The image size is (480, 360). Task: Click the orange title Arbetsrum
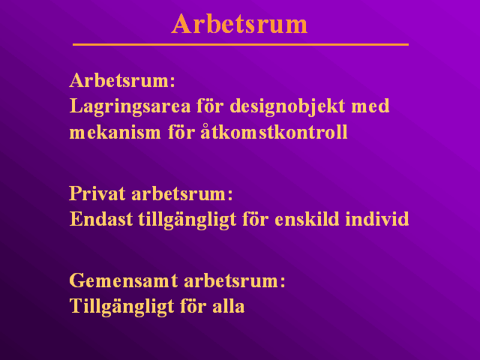[239, 24]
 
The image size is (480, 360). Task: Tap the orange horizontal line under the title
[241, 45]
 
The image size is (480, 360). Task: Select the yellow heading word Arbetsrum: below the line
[122, 80]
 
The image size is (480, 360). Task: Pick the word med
[370, 106]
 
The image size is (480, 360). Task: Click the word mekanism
[115, 133]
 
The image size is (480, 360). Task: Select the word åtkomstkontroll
[274, 132]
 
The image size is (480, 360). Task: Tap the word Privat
[97, 193]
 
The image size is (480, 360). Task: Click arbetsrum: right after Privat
[182, 194]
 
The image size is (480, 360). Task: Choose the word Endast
[101, 219]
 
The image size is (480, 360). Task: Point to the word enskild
[307, 219]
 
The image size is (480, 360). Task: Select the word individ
[377, 219]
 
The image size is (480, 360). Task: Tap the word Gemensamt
[124, 280]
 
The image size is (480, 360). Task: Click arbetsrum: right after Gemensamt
[235, 281]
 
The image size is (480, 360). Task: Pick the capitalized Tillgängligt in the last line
[121, 307]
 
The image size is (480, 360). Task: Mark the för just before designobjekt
[210, 106]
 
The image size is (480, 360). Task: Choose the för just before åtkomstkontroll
[181, 132]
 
